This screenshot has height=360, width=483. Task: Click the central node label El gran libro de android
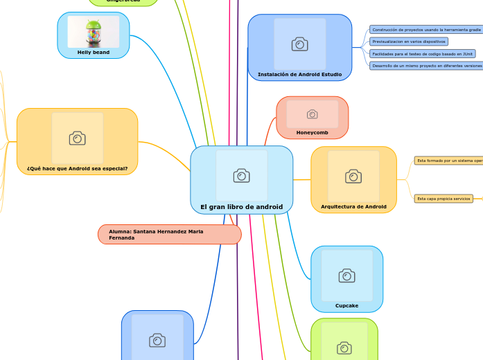click(241, 207)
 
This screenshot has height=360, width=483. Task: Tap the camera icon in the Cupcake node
click(346, 276)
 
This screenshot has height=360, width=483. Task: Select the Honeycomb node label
click(312, 132)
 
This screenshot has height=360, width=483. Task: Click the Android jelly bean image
click(93, 32)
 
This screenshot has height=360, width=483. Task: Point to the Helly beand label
click(93, 52)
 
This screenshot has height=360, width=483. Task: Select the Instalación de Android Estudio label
click(299, 74)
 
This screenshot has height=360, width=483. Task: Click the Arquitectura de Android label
click(353, 206)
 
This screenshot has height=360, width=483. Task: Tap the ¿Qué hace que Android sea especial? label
click(77, 168)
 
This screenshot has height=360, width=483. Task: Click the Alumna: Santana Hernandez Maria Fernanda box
click(169, 235)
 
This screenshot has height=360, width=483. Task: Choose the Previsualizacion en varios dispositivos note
click(408, 42)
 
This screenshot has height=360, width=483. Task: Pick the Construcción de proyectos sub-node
click(425, 30)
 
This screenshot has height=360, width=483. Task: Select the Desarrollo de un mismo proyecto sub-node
click(425, 65)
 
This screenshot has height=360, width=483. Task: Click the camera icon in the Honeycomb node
click(312, 114)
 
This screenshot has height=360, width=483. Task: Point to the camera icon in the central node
click(241, 175)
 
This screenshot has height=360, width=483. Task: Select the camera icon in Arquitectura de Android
click(353, 177)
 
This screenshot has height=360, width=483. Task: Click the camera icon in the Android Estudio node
click(299, 44)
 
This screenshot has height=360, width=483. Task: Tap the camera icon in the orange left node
click(77, 138)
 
